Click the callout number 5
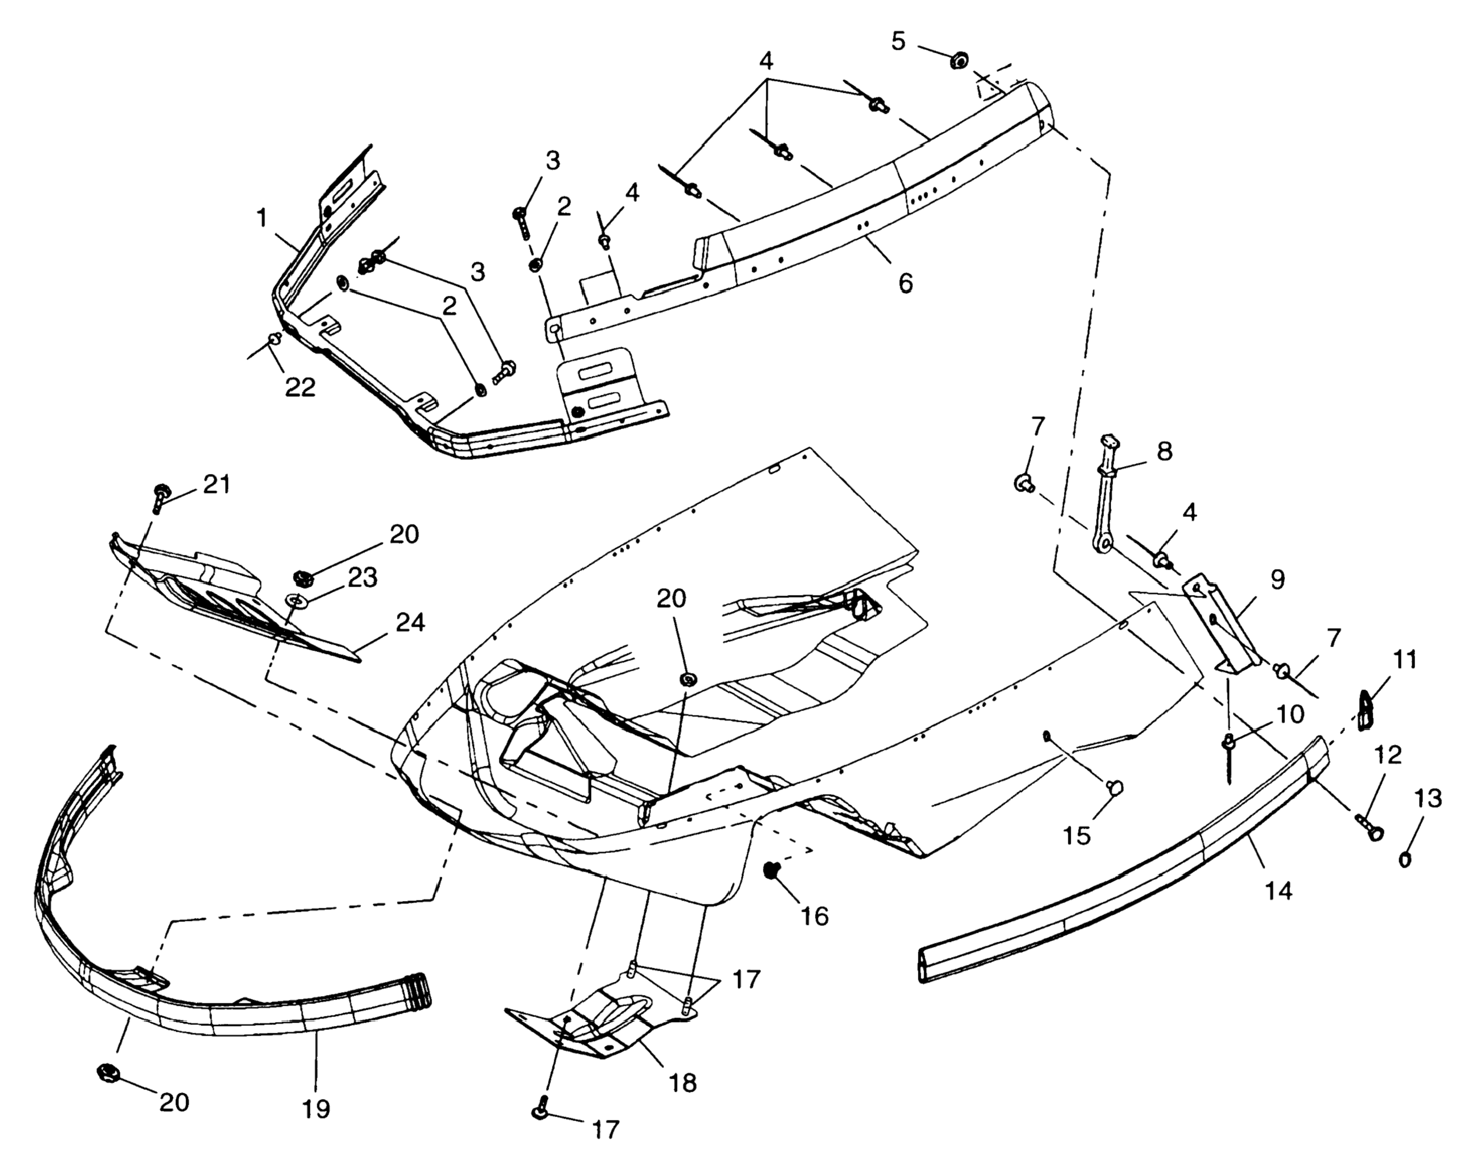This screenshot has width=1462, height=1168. click(898, 42)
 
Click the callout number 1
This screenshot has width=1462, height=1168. click(262, 218)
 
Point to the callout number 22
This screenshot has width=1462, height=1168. click(300, 387)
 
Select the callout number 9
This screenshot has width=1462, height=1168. click(1277, 580)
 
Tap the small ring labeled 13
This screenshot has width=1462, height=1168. click(1405, 859)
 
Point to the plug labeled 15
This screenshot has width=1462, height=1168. click(1114, 787)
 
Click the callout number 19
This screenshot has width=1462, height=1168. click(316, 1110)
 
